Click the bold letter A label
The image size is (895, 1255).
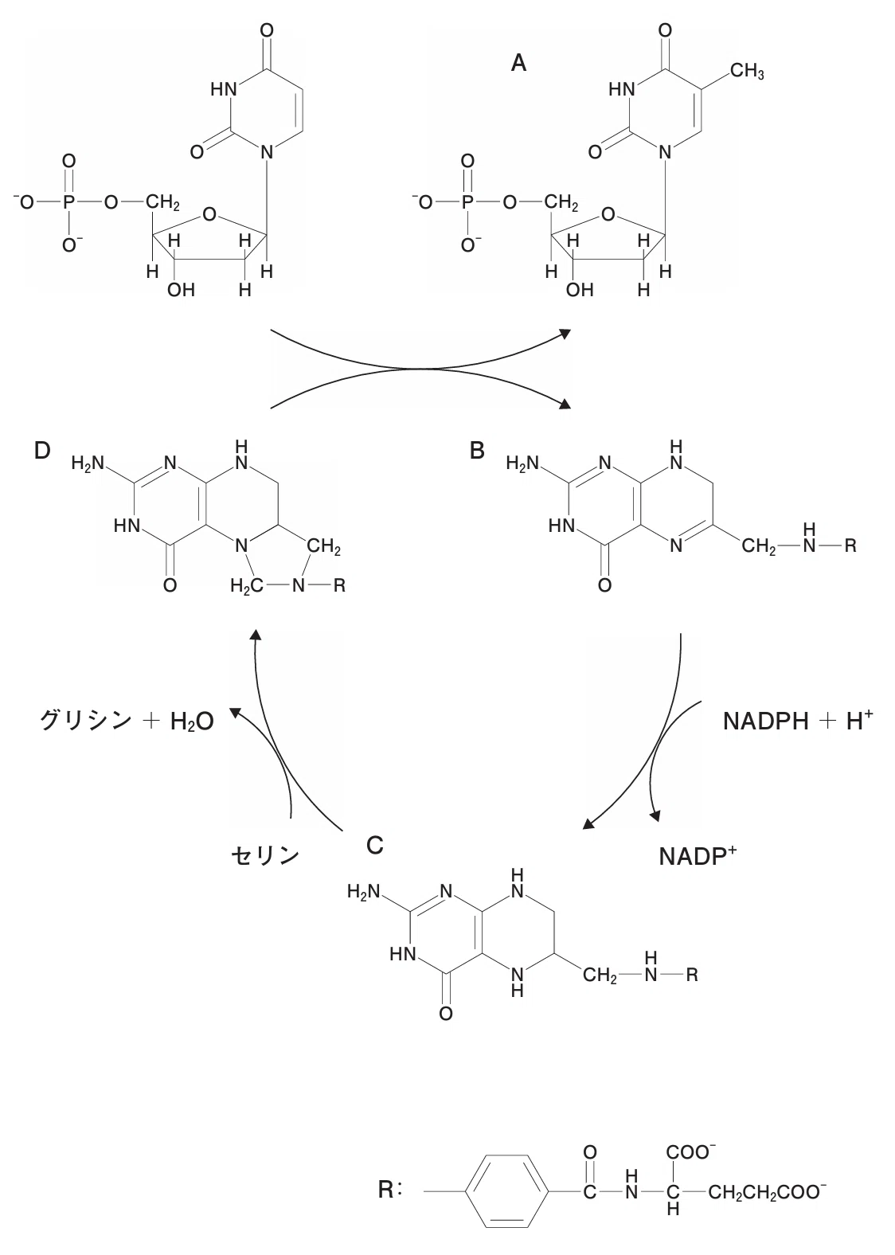click(518, 63)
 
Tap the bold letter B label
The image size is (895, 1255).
click(477, 450)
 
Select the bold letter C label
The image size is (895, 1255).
click(375, 845)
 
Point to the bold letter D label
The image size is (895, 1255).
click(42, 450)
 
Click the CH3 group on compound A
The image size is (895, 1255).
click(747, 72)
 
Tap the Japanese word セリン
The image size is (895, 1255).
click(265, 855)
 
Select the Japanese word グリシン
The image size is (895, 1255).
click(86, 721)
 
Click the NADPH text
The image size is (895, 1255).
click(766, 721)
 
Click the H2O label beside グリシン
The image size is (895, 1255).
click(192, 721)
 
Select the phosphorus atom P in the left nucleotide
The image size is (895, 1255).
click(68, 202)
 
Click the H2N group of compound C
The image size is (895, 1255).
click(363, 891)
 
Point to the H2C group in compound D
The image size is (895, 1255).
click(246, 586)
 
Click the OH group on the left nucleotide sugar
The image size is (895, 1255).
click(181, 290)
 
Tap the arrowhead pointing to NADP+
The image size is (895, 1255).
click(655, 815)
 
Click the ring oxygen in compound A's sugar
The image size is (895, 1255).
click(608, 214)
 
